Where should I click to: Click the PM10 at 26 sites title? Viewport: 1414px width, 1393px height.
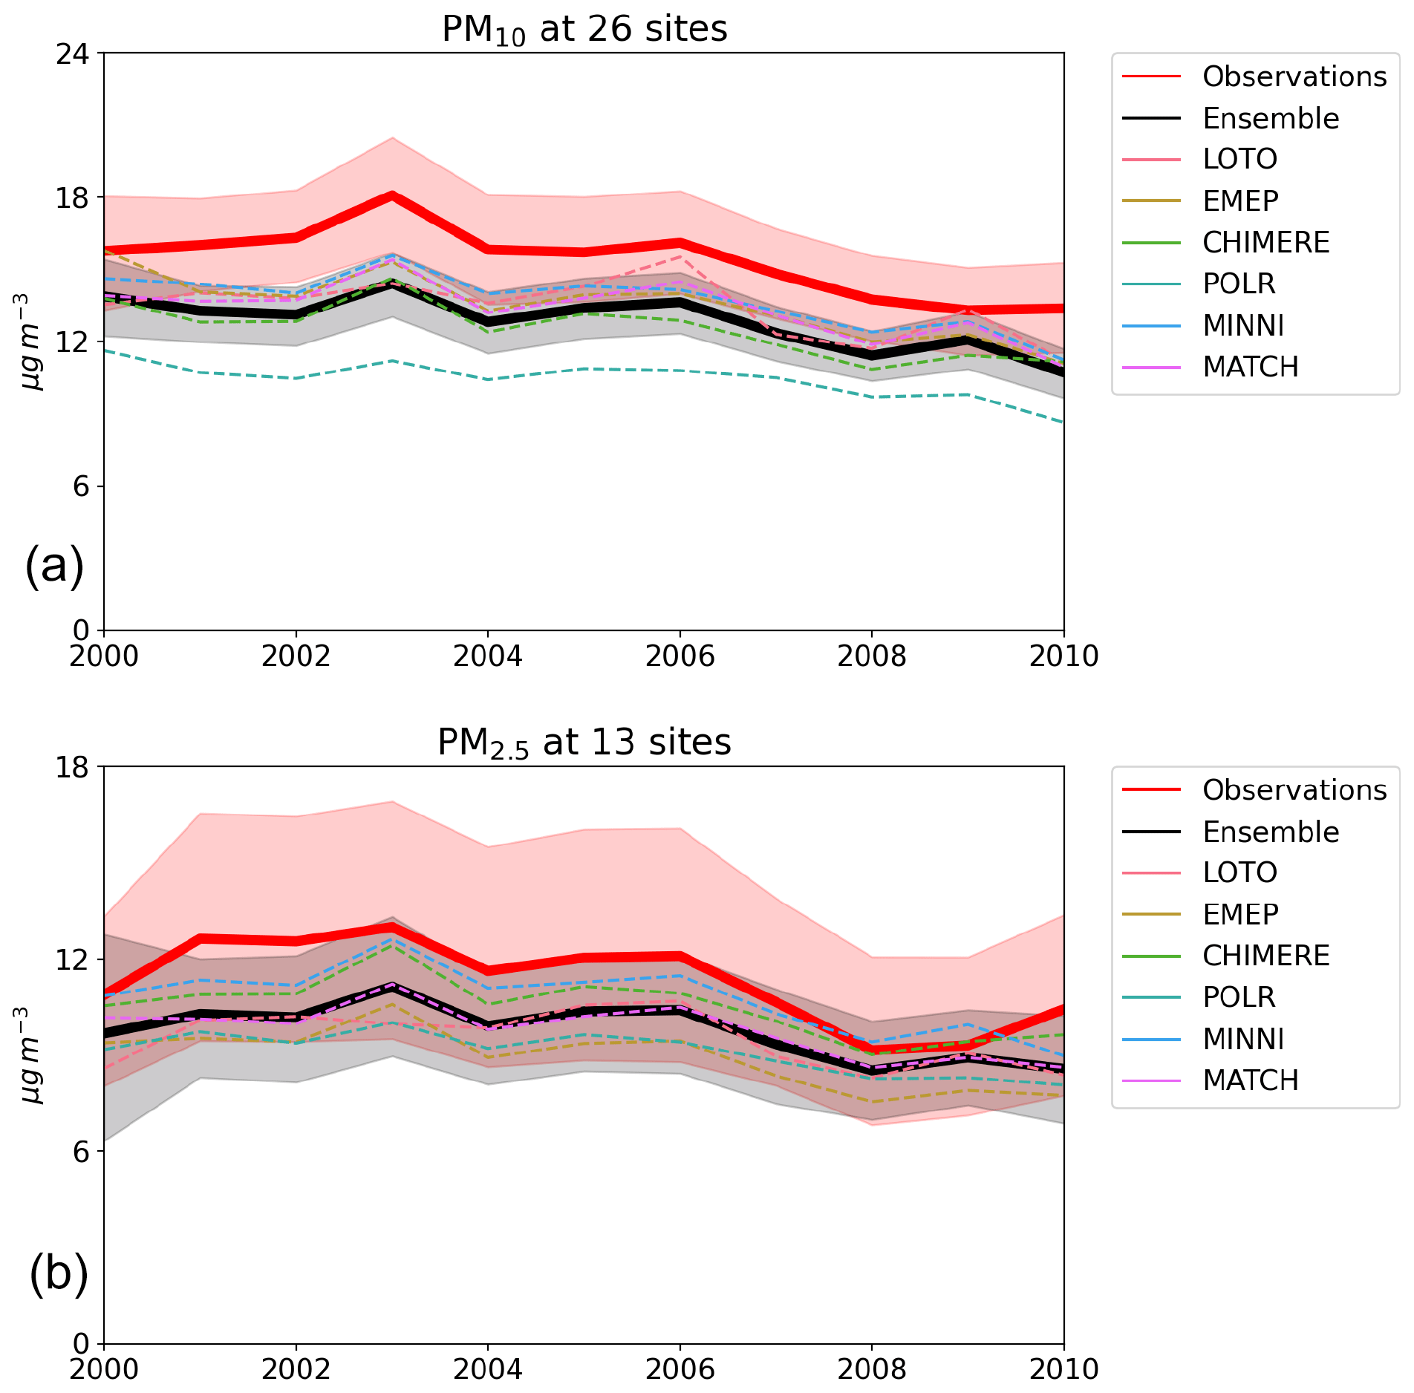click(x=584, y=30)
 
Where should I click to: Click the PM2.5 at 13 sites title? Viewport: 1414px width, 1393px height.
click(x=584, y=743)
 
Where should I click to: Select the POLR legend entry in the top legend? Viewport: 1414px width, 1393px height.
click(x=1239, y=284)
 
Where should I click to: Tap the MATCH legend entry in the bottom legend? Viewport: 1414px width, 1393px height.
click(x=1251, y=1080)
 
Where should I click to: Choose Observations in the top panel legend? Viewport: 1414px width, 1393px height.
click(x=1294, y=76)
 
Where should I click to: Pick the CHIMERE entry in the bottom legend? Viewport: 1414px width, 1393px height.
click(x=1265, y=956)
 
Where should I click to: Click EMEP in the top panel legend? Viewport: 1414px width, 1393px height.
click(x=1240, y=200)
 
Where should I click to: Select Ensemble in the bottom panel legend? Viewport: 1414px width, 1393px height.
click(x=1271, y=832)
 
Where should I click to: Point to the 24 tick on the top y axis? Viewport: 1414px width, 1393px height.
click(x=72, y=53)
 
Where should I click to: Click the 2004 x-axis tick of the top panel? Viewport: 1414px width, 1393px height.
click(x=488, y=656)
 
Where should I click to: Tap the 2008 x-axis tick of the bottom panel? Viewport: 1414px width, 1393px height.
click(x=872, y=1369)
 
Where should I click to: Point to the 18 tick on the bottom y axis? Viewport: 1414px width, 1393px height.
click(x=72, y=766)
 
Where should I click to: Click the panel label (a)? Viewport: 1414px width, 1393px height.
click(x=54, y=566)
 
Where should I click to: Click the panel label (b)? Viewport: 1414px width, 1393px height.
click(x=59, y=1273)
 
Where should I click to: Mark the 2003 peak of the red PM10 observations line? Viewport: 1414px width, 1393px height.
click(x=392, y=195)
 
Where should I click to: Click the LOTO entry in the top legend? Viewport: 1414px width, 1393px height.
click(x=1239, y=159)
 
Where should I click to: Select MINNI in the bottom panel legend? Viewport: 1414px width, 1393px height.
click(x=1243, y=1039)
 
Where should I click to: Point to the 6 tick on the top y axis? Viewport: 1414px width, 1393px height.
click(x=80, y=486)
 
